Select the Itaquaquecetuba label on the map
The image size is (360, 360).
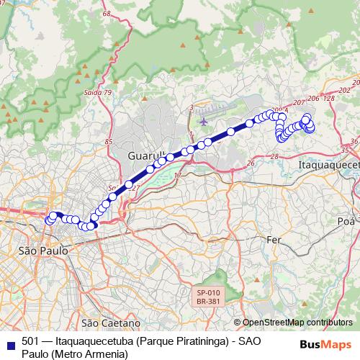[328, 165]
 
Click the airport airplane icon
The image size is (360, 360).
[204, 121]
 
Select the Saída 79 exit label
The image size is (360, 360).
[98, 93]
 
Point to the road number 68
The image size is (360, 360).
[107, 14]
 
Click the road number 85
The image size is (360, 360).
[109, 142]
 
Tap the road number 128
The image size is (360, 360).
[329, 98]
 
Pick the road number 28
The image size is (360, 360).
[274, 156]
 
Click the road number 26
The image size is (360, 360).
[250, 164]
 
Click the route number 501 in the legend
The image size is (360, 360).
[31, 341]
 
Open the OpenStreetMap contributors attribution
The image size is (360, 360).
[297, 323]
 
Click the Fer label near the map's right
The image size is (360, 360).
[274, 239]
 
